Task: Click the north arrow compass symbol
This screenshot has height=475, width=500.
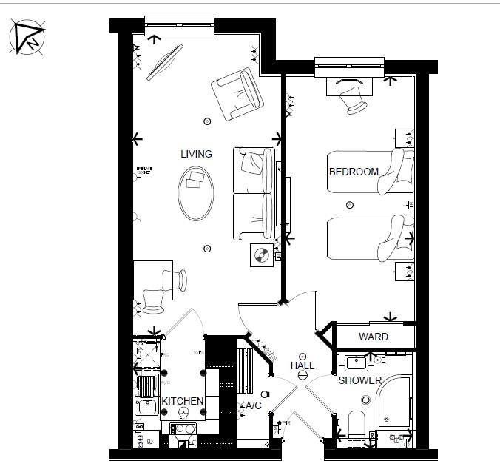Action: tap(27, 38)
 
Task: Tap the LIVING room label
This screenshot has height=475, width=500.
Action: tap(196, 155)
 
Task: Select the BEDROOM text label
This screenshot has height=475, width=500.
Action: tap(354, 172)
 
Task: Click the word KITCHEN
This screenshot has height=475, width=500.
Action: tap(183, 401)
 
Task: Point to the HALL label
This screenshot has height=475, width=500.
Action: tap(302, 365)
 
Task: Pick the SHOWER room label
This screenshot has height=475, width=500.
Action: tap(360, 381)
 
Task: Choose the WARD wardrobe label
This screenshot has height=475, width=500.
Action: tap(373, 337)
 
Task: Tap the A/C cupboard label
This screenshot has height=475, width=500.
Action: tap(253, 405)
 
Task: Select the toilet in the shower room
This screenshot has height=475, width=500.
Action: tap(357, 425)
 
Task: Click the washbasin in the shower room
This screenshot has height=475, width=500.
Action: tap(357, 363)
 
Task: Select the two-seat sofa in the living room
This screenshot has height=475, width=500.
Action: tap(254, 193)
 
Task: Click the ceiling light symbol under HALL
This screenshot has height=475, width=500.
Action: tap(302, 376)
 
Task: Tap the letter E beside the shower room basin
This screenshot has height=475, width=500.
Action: tap(383, 360)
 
